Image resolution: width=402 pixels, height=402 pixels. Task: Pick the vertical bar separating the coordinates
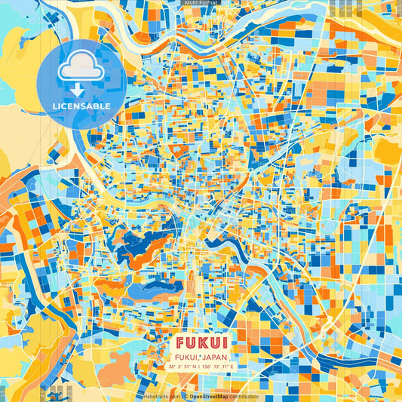pos(200,367)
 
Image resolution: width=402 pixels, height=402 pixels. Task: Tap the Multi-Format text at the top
pos(201,3)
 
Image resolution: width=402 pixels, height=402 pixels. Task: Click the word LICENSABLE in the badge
pos(81,106)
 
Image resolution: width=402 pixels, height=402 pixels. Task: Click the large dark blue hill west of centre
pos(143,245)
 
